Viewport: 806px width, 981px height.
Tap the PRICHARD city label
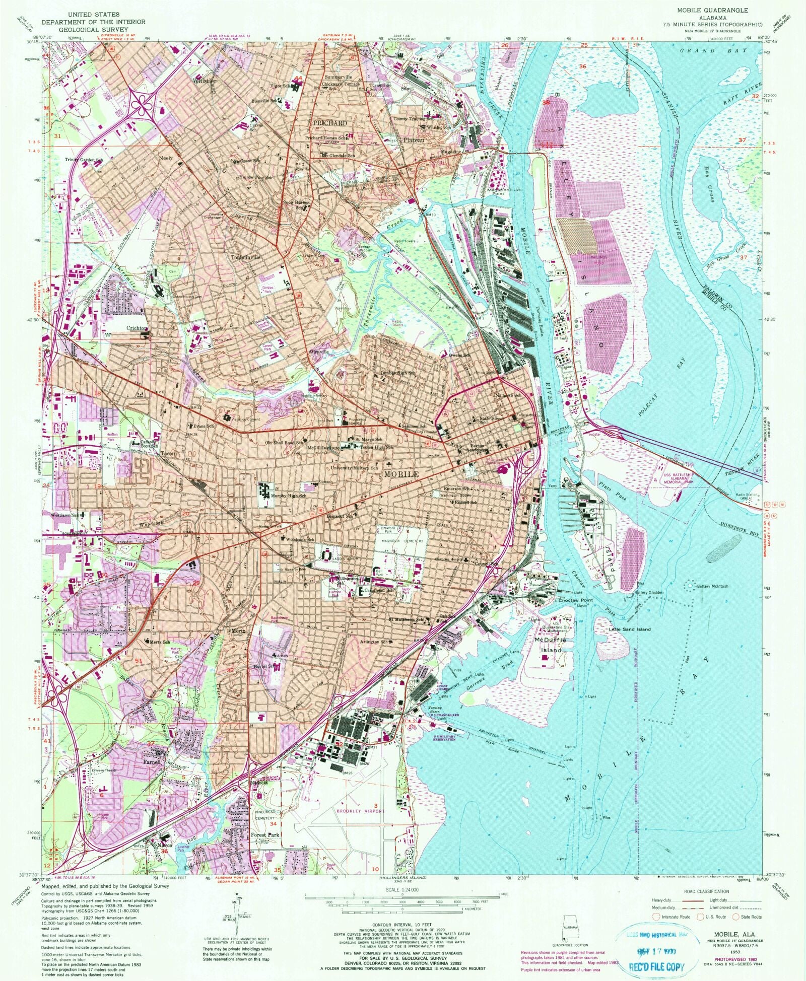click(x=330, y=123)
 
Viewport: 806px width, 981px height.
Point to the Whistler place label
click(x=204, y=81)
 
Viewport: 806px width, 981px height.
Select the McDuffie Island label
click(x=551, y=645)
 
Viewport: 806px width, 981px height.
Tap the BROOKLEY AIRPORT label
click(x=360, y=811)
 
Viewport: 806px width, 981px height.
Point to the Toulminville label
click(x=246, y=257)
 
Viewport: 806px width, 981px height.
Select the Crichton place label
click(x=137, y=328)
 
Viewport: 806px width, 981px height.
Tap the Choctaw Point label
click(x=575, y=601)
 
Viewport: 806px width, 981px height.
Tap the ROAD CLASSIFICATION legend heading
click(x=706, y=891)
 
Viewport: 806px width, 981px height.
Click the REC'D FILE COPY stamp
click(x=656, y=966)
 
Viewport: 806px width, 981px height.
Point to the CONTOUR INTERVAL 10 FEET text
click(x=402, y=926)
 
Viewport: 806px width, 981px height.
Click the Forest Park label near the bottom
click(x=265, y=834)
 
